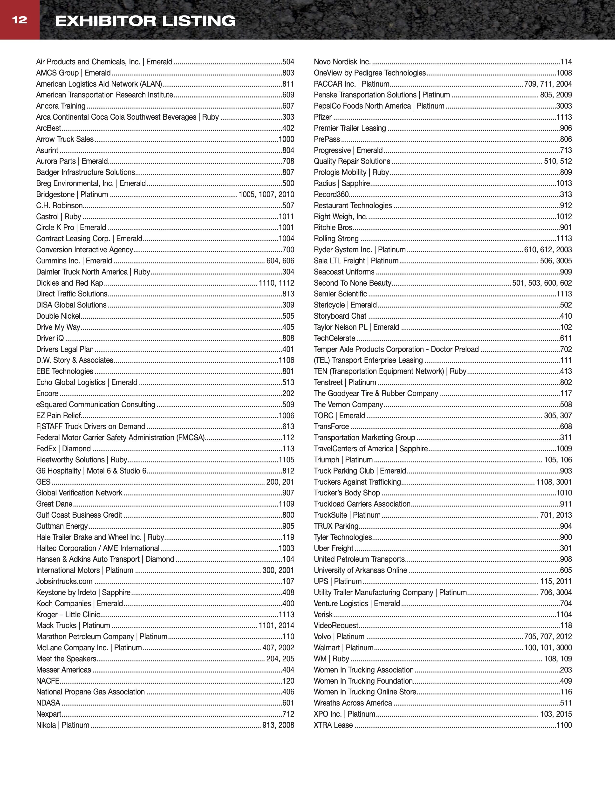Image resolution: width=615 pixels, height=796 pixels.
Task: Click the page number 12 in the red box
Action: coord(20,20)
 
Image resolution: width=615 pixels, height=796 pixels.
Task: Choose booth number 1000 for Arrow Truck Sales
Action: coord(286,139)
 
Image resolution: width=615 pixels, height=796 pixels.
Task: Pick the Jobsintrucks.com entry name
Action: coord(64,581)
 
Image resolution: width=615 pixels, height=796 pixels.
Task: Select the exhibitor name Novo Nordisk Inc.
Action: coord(342,62)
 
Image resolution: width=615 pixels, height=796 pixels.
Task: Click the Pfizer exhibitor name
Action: coord(323,117)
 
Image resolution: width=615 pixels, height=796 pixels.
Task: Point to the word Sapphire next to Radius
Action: coord(355,183)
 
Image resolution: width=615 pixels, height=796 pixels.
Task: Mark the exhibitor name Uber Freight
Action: coord(333,548)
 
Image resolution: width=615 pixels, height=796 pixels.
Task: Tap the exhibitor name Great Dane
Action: coord(54,504)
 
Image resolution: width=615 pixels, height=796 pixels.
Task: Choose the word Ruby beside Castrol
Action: coord(73,217)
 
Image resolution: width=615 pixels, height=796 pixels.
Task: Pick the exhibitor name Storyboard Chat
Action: coord(340,316)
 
